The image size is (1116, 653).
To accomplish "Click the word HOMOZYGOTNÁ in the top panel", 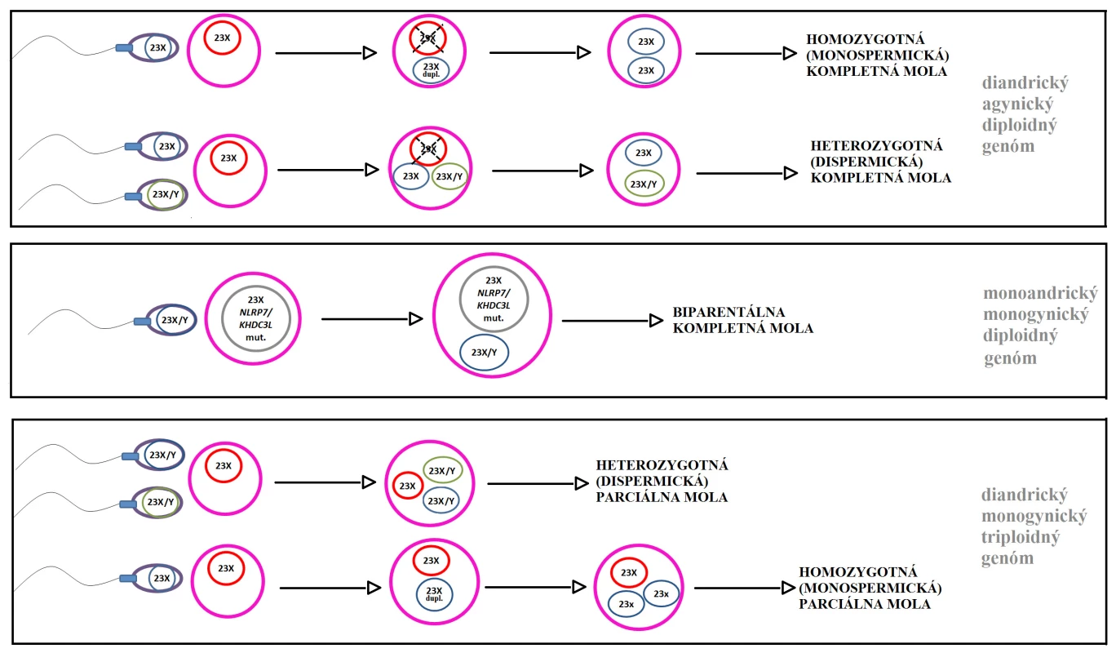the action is [x=866, y=39].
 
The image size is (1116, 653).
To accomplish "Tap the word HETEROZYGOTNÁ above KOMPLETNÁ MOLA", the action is [x=876, y=145].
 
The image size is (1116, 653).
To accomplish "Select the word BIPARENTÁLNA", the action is [x=728, y=312].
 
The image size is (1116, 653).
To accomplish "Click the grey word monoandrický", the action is [x=1040, y=294].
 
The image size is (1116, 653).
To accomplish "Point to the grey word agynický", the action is [x=1018, y=104].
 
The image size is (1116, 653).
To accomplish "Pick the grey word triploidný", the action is [x=1021, y=537].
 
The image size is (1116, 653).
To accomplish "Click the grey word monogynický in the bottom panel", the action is [x=1034, y=516].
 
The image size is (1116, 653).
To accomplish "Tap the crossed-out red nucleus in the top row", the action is [x=427, y=38].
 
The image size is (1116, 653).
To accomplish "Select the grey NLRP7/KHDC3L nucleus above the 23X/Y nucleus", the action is [x=494, y=299].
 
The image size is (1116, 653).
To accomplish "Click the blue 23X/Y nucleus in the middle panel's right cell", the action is [x=484, y=353].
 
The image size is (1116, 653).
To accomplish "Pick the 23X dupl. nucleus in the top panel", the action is [x=431, y=69].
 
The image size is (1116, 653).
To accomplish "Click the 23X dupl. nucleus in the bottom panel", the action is [x=435, y=594].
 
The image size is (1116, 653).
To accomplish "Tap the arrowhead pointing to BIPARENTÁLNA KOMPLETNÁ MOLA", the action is [x=656, y=321].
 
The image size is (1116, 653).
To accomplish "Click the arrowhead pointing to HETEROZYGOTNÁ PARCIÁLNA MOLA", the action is [x=582, y=483].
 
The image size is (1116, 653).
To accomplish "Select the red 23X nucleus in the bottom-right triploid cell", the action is [x=629, y=573].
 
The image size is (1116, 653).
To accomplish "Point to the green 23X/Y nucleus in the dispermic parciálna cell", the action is [x=442, y=470].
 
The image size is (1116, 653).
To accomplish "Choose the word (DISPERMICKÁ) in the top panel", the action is [x=867, y=162].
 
